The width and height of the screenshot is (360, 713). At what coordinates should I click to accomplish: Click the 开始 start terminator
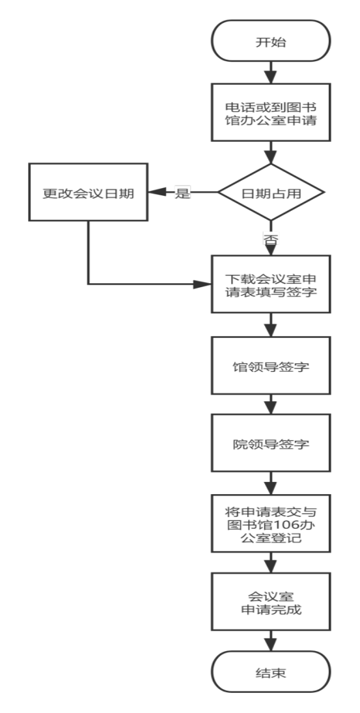point(271,41)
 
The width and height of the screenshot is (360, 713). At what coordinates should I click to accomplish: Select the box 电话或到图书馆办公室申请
point(271,112)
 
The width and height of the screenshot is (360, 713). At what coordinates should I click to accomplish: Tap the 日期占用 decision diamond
point(271,192)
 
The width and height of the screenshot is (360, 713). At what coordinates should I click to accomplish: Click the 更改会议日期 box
point(88,192)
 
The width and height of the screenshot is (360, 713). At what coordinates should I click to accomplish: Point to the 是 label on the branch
point(182,193)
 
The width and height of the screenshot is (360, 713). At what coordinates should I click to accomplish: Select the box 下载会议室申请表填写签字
point(271,284)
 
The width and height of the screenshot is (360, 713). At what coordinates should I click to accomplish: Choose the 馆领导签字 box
point(271,365)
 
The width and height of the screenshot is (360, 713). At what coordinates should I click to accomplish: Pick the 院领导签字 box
point(271,443)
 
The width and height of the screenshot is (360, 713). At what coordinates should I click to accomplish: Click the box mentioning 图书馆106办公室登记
point(271,524)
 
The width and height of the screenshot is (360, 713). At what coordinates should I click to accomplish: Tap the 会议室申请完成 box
point(271,602)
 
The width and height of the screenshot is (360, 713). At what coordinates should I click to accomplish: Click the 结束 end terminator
point(271,671)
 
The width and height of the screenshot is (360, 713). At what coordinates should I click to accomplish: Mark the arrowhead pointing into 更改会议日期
point(156,192)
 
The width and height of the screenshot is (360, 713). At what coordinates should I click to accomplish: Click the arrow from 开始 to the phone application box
point(271,72)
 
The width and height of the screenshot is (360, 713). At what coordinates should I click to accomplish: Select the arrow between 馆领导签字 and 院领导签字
point(271,404)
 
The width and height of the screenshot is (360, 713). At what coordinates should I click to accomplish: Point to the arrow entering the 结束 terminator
point(271,640)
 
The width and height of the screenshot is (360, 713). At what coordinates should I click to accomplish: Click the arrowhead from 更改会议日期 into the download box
point(202,284)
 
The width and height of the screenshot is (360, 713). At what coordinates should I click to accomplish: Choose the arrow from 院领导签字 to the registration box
point(271,483)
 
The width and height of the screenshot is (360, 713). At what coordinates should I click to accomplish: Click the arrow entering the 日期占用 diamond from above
point(271,152)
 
